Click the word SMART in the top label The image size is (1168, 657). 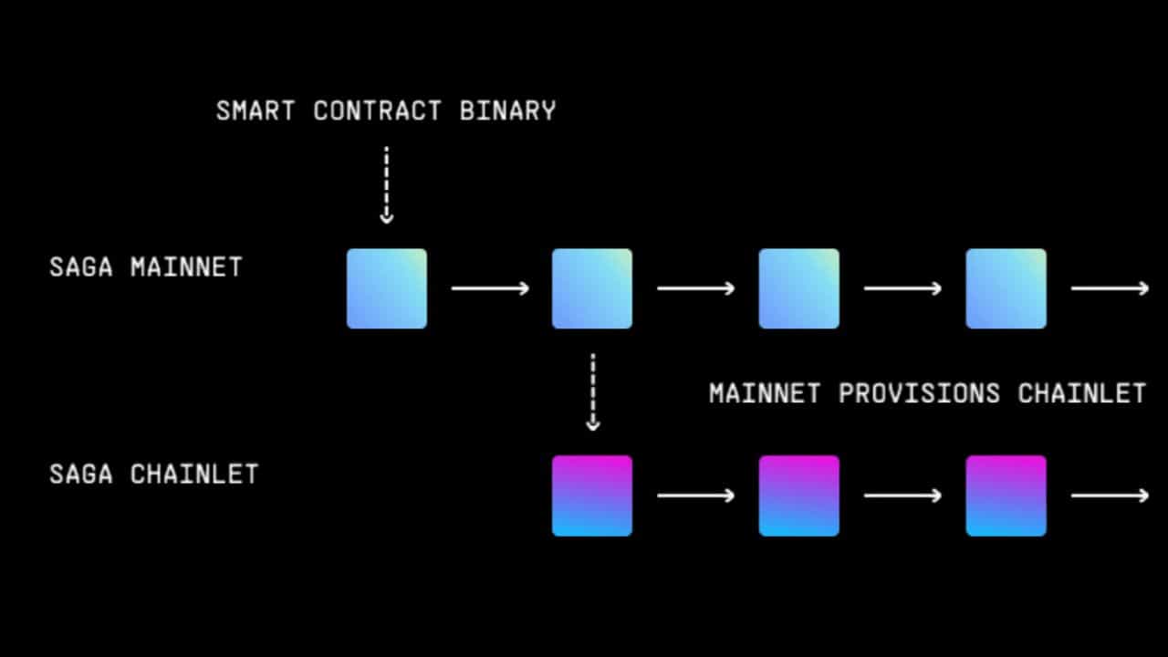pos(255,111)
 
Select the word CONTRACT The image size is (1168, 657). pos(378,111)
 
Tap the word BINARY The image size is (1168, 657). pos(508,111)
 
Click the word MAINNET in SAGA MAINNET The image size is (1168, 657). pos(187,267)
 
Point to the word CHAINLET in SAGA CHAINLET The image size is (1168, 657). pos(194,474)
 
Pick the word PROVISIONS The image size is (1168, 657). pos(919,393)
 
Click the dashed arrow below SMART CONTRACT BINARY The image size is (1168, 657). pos(386,185)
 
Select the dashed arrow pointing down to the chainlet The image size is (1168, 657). pos(593,392)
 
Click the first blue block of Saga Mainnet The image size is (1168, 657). pos(387,288)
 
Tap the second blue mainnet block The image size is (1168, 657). pos(592,288)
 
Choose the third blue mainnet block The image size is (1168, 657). pos(799,288)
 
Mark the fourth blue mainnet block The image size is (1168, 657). pos(1006,288)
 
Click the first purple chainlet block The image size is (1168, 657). pos(592,495)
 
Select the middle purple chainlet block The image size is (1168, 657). pos(799,495)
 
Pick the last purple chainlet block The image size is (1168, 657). pos(1006,495)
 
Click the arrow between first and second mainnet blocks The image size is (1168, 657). pos(490,288)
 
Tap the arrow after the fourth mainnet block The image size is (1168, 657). pos(1111,288)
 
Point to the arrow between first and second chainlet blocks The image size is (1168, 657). pos(696,495)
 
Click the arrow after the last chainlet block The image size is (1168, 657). pos(1111,495)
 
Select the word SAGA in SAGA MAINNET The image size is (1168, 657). pos(81,267)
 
